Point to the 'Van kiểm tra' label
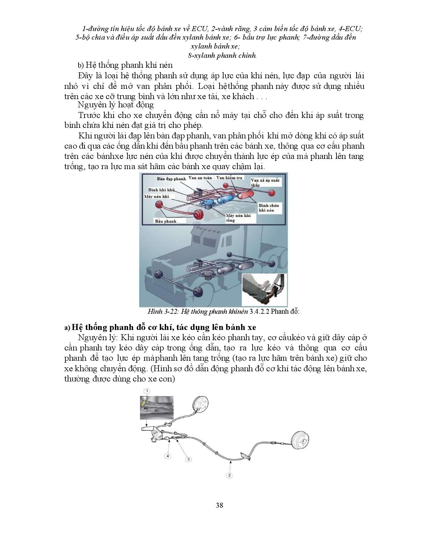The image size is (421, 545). click(x=229, y=177)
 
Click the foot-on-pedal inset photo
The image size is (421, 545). click(x=264, y=290)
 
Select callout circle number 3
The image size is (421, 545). click(x=189, y=459)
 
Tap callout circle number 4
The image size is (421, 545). click(x=168, y=456)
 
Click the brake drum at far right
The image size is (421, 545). click(x=301, y=440)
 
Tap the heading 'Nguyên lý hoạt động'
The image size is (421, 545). click(x=116, y=105)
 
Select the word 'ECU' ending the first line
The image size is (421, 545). click(x=355, y=29)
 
